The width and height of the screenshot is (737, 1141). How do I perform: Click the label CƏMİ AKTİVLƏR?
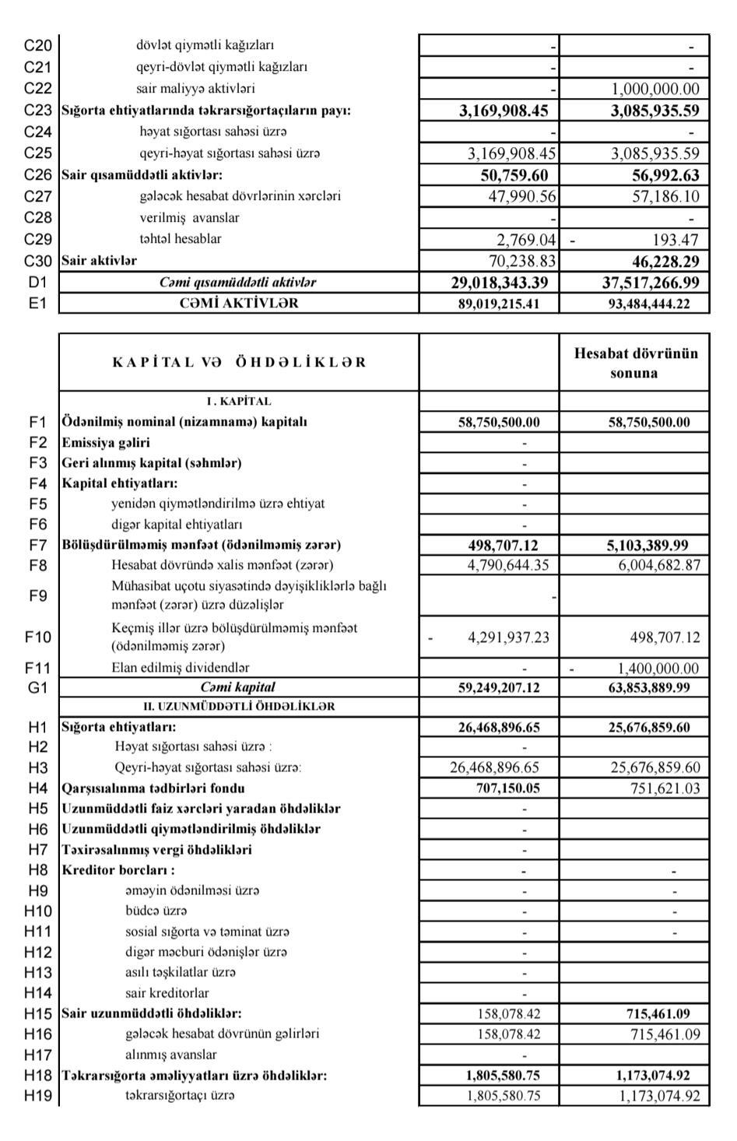(238, 304)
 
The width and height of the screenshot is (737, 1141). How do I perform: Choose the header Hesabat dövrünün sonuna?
(635, 363)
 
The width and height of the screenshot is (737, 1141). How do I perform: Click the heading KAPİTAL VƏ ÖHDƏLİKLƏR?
(238, 363)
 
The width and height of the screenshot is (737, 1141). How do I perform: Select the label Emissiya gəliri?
(106, 443)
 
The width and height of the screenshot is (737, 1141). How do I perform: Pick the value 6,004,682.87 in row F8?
(659, 565)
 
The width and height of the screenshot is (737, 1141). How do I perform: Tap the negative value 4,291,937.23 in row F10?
(507, 637)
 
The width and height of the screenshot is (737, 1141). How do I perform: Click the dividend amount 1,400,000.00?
(658, 668)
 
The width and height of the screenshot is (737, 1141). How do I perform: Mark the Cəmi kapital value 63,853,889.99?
(649, 687)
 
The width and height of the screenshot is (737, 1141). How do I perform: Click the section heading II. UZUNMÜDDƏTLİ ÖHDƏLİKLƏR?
(238, 707)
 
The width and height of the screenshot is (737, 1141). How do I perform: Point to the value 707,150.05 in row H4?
(507, 788)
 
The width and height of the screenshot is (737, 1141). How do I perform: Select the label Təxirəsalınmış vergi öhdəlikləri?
(156, 850)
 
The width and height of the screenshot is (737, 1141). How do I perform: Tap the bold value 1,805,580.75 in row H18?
(503, 1076)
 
